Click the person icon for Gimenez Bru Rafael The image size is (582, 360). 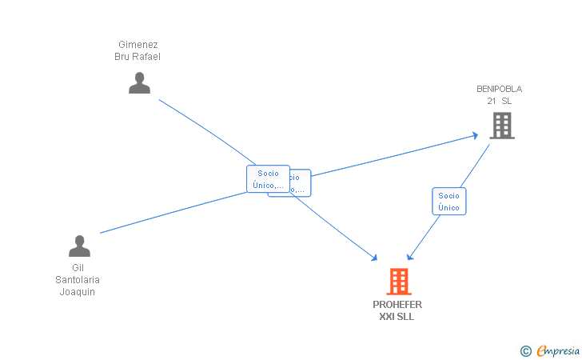(139, 82)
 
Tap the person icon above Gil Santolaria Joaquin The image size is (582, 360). (79, 246)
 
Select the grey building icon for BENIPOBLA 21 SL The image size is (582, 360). (501, 126)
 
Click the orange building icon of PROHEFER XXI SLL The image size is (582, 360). (398, 282)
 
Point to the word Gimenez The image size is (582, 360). (138, 45)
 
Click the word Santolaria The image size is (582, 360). (78, 280)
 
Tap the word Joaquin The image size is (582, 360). (78, 291)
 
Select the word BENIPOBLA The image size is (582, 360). (499, 89)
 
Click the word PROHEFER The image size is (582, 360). (397, 305)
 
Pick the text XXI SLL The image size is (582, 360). (397, 317)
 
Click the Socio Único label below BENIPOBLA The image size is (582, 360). (448, 202)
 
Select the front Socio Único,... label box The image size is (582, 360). (268, 179)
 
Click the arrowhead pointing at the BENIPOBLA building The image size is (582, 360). (475, 135)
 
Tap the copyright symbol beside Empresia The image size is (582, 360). (525, 350)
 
